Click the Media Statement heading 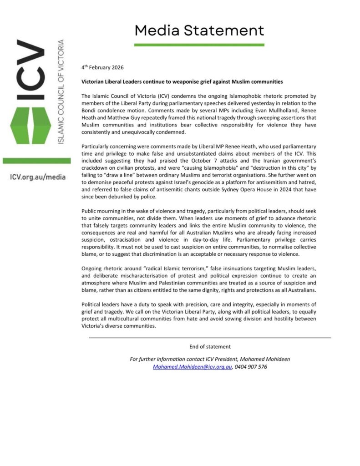pyautogui.click(x=199, y=30)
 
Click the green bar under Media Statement pyautogui.click(x=199, y=45)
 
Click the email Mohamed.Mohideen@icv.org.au pyautogui.click(x=193, y=366)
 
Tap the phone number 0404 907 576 pyautogui.click(x=251, y=366)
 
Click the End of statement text pyautogui.click(x=210, y=346)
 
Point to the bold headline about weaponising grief pyautogui.click(x=182, y=81)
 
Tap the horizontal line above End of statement pyautogui.click(x=210, y=338)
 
